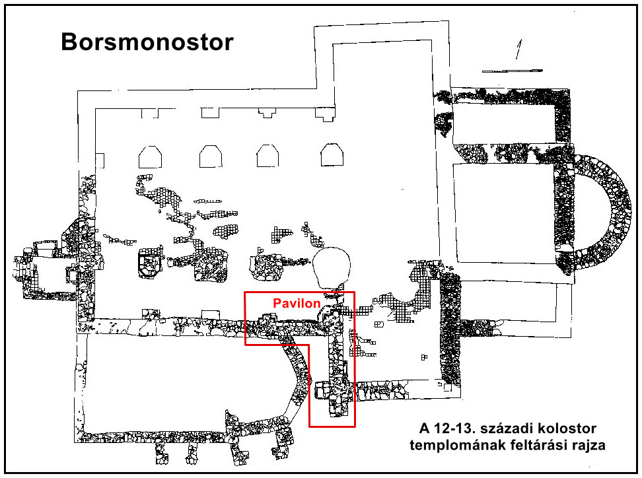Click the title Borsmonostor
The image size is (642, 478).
point(147,42)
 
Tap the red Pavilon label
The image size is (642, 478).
point(297,303)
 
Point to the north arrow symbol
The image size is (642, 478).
point(518,49)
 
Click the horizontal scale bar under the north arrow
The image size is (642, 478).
point(512,71)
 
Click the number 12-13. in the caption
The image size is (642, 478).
point(454,428)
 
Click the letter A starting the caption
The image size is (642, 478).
point(425,428)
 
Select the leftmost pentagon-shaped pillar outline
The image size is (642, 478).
point(151,156)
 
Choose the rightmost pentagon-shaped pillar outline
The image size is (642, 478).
point(332,154)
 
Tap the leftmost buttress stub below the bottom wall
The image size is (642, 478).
point(162,454)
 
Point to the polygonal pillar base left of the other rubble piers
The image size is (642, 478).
point(150,262)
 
